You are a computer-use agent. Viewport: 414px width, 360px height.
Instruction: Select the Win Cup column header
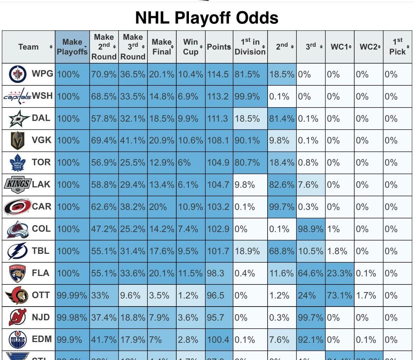pyautogui.click(x=190, y=47)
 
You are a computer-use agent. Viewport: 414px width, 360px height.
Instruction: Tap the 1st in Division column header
pyautogui.click(x=250, y=47)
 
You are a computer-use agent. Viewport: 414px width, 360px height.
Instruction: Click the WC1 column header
pyautogui.click(x=339, y=47)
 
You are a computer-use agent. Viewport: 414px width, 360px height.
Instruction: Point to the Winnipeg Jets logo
pyautogui.click(x=17, y=74)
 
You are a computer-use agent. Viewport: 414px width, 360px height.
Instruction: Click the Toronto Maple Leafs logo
pyautogui.click(x=18, y=162)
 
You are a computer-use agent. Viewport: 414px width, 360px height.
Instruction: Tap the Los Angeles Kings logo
pyautogui.click(x=18, y=184)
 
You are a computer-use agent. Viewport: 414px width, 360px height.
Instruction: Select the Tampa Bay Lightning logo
pyautogui.click(x=18, y=251)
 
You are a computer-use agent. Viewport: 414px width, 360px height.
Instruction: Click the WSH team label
pyautogui.click(x=42, y=96)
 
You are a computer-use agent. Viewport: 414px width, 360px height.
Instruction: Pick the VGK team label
pyautogui.click(x=41, y=140)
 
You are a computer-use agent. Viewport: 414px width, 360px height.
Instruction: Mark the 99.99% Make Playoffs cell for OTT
pyautogui.click(x=72, y=295)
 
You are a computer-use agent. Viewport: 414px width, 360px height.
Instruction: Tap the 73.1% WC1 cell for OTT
pyautogui.click(x=339, y=295)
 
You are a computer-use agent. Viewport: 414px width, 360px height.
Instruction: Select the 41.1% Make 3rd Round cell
pyautogui.click(x=132, y=141)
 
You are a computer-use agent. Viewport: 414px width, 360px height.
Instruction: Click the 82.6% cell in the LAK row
pyautogui.click(x=282, y=185)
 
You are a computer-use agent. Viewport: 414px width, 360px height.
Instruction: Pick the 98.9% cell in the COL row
pyautogui.click(x=310, y=229)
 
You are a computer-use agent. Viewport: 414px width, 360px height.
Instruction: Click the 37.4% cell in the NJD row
pyautogui.click(x=104, y=317)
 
